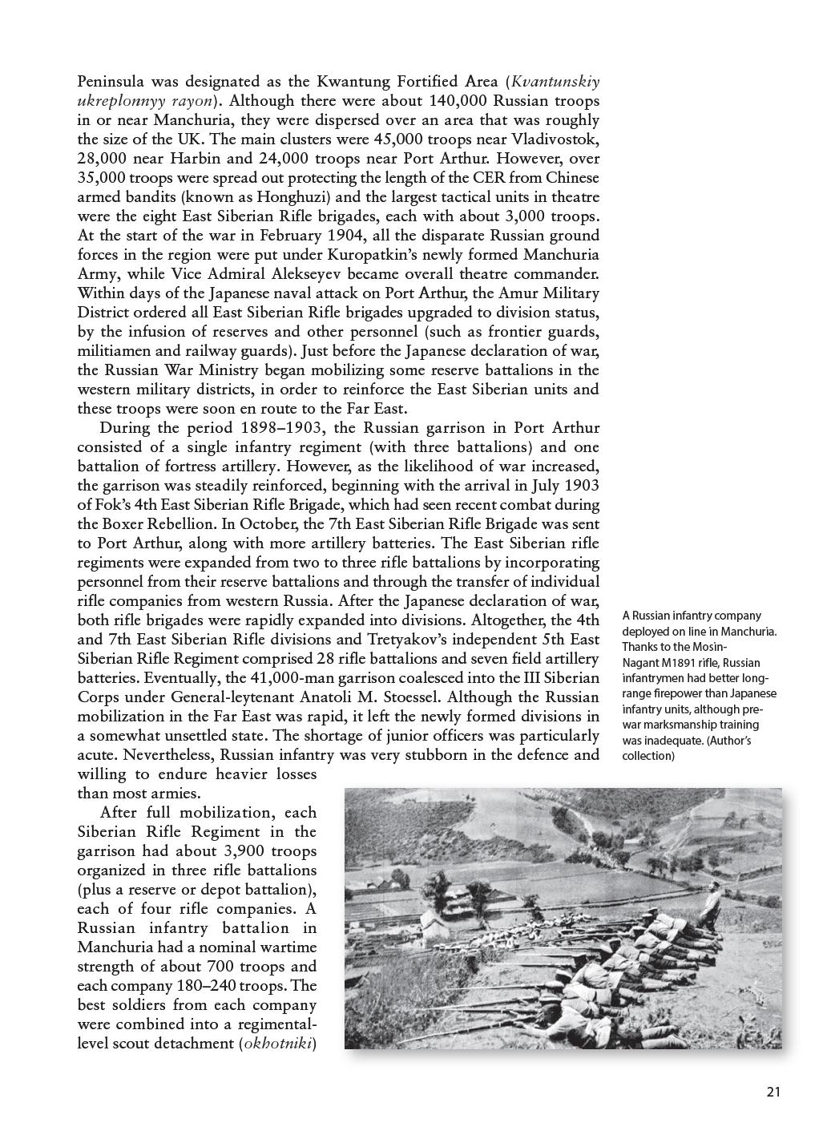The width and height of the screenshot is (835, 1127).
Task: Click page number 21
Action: tap(773, 1091)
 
